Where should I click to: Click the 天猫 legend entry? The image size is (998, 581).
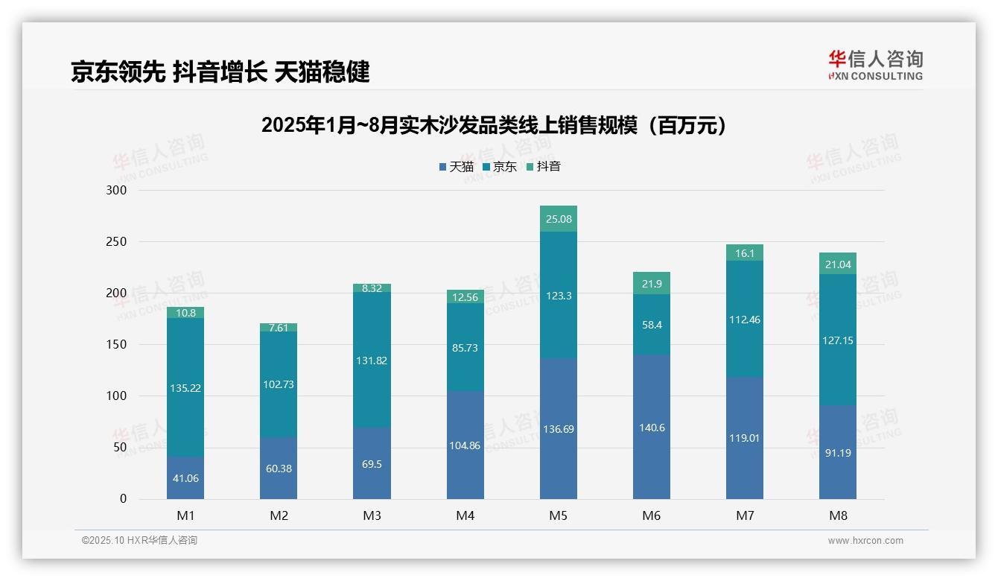[456, 167]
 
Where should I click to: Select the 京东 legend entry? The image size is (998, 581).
[499, 167]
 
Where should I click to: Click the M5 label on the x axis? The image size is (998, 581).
[558, 515]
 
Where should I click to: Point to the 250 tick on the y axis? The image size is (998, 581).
[117, 242]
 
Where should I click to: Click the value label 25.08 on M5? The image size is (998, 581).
[558, 219]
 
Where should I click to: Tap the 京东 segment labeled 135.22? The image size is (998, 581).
[185, 387]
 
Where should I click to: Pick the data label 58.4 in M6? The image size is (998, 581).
[651, 325]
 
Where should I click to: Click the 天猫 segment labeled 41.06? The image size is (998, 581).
[185, 478]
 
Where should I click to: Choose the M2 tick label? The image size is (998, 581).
[279, 515]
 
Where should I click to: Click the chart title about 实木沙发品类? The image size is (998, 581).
[494, 125]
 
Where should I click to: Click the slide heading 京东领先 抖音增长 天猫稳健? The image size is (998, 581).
[220, 72]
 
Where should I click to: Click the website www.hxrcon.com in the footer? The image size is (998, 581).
[865, 541]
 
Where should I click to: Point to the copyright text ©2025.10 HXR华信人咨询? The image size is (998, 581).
[139, 541]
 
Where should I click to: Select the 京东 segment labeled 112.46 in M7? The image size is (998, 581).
[744, 320]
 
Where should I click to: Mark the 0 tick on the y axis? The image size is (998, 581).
[123, 499]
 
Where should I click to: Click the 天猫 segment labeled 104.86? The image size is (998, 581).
[465, 445]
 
